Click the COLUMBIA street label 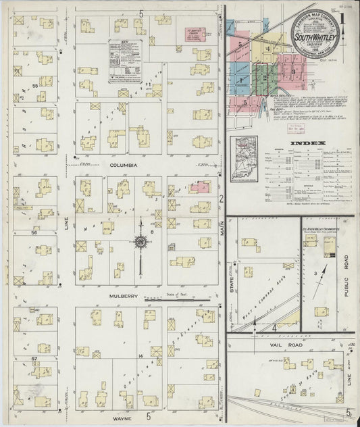[125, 165]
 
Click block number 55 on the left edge [34, 86]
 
